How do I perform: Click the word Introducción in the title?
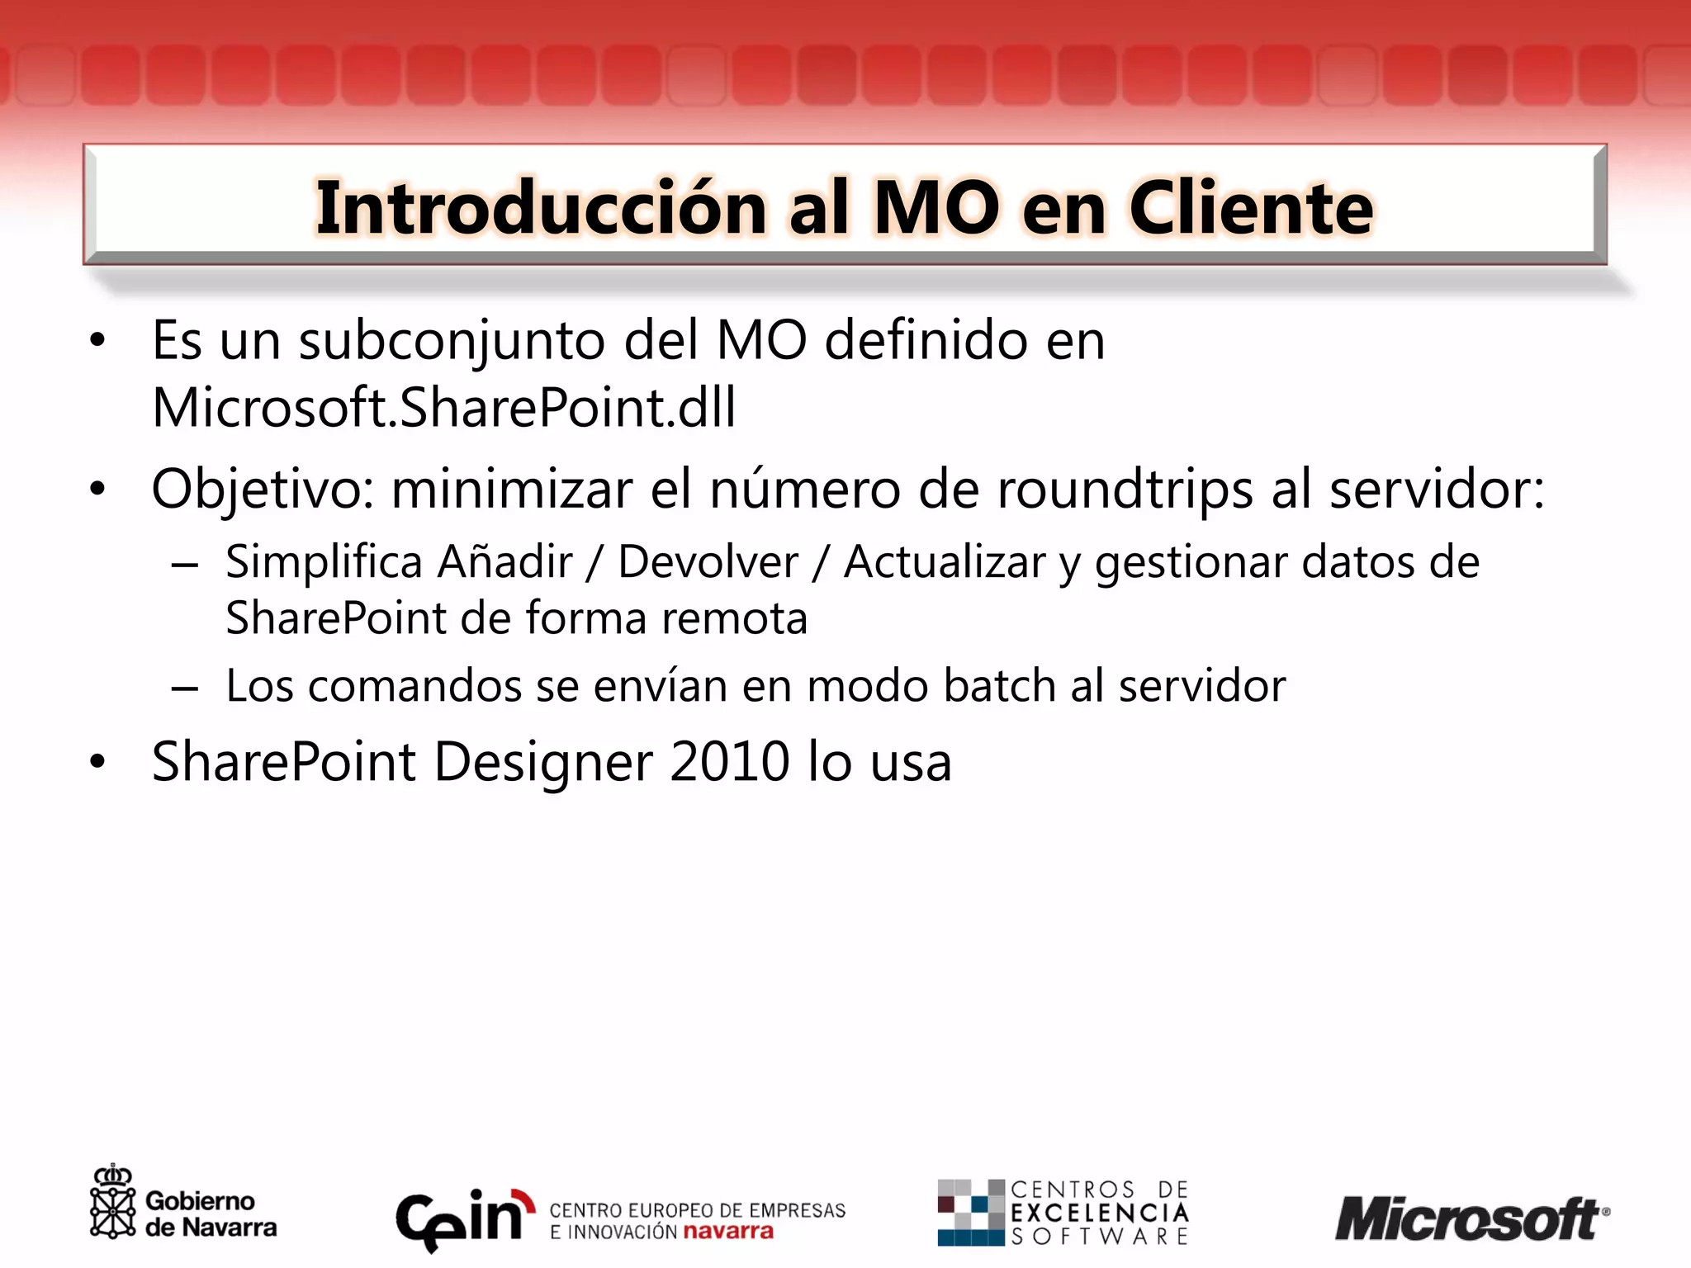point(542,208)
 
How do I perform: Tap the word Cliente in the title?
point(1251,208)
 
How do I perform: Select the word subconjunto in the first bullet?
point(452,340)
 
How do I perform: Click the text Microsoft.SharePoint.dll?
point(443,407)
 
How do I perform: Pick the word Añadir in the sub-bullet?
point(504,562)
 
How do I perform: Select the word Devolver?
point(708,562)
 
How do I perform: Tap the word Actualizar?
point(945,562)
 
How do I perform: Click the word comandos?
point(415,685)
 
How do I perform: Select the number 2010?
point(730,761)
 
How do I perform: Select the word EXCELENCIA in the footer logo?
point(1100,1213)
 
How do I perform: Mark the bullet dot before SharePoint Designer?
point(98,761)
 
